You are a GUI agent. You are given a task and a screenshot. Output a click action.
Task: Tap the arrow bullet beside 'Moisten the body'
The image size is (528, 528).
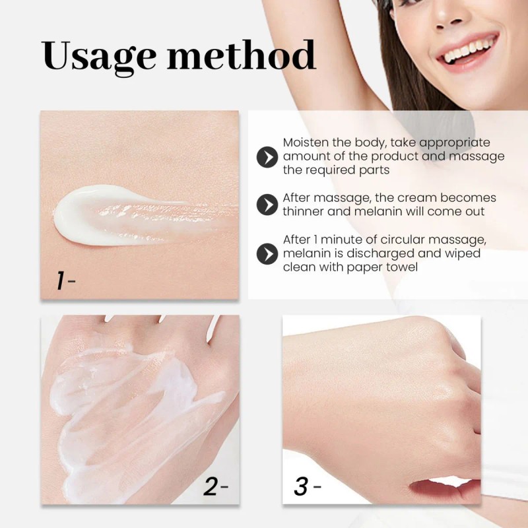pos(267,157)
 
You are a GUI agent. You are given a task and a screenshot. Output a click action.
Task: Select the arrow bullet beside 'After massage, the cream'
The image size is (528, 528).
pos(267,205)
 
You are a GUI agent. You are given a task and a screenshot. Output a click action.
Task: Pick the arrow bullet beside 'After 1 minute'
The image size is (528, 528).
pos(267,253)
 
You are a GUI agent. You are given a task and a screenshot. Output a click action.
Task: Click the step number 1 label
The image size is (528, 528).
pos(61,281)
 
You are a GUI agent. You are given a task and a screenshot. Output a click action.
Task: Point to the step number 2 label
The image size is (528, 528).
pos(211,486)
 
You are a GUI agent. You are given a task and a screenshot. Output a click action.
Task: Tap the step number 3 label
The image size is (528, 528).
pos(301,486)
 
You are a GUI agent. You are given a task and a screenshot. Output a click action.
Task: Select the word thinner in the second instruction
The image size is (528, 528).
pos(306,212)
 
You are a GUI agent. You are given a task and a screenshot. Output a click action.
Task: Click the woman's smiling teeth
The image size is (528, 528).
pos(470,49)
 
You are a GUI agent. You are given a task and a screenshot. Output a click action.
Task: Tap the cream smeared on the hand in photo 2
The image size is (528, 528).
pos(132,403)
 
